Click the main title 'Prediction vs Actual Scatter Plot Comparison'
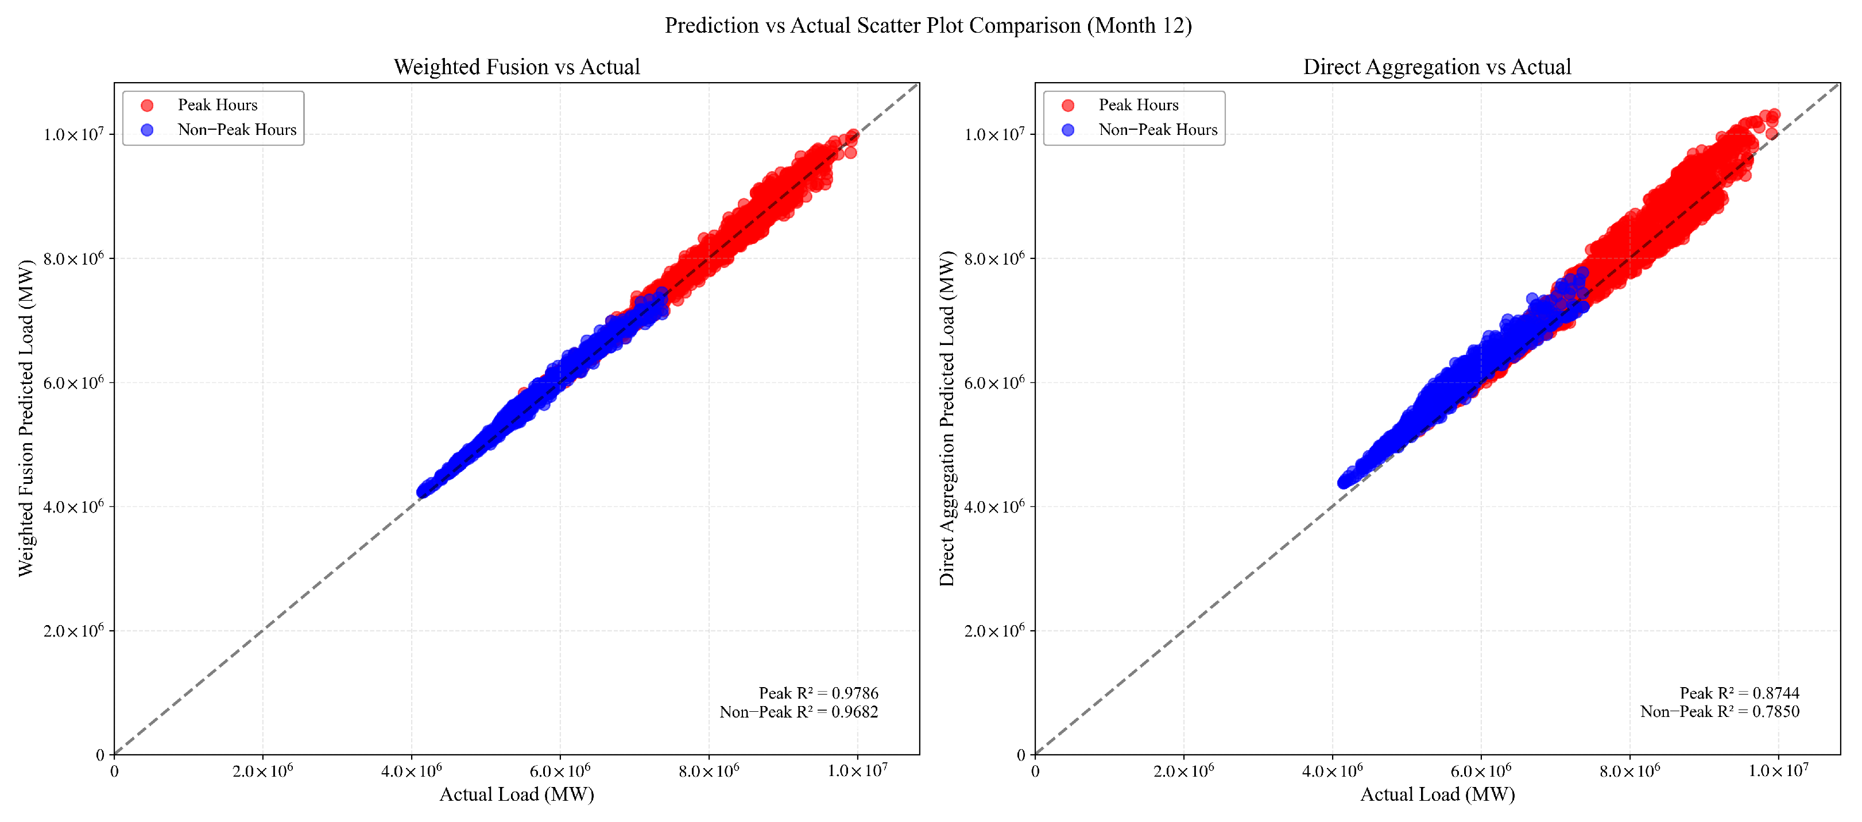coord(928,25)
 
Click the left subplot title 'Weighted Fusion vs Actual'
coord(517,67)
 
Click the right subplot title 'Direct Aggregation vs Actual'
coord(1437,67)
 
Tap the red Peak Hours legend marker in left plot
coord(148,106)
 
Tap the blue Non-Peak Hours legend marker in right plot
coord(1067,130)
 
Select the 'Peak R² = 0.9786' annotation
coord(818,693)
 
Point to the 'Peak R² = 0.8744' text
coord(1739,693)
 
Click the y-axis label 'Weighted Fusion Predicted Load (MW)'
coord(26,418)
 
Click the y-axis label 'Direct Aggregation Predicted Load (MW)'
coord(947,418)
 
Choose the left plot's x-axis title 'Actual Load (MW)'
coord(517,794)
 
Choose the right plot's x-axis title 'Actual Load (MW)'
coord(1437,794)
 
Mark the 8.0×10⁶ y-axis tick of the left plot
coord(73,258)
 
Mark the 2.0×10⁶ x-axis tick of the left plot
coord(262,771)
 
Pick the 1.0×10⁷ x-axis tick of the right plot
coord(1778,771)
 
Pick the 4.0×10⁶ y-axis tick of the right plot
coord(994,506)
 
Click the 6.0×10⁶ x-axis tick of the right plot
coord(1480,771)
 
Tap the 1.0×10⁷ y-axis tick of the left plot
coord(73,134)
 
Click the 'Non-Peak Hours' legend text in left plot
coord(237,130)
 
